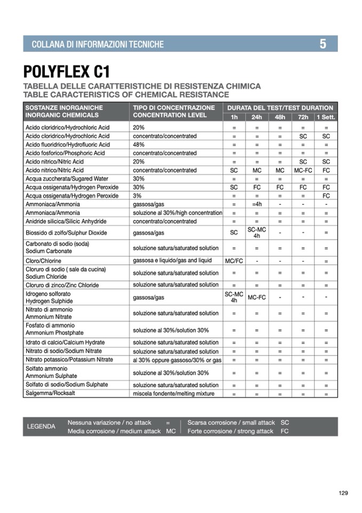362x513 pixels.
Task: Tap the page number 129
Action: click(x=343, y=493)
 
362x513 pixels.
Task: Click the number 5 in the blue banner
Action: click(x=323, y=44)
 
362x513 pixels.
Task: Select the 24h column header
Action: click(x=256, y=117)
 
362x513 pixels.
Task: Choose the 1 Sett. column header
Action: click(x=326, y=117)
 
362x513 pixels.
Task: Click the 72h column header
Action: click(x=303, y=117)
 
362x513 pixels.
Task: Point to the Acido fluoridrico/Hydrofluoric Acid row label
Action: click(x=68, y=144)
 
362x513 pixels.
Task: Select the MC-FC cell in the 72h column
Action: click(x=303, y=170)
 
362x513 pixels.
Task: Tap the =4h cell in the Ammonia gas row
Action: click(x=256, y=204)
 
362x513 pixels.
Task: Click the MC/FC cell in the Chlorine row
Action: click(x=234, y=261)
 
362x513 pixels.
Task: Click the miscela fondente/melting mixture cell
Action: click(x=174, y=394)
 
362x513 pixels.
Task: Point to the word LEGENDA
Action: click(x=41, y=426)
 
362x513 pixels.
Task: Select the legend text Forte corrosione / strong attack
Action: click(x=230, y=431)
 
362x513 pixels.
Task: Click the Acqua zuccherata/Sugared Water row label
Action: click(x=67, y=179)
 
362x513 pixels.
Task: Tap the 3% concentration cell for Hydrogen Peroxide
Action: click(x=138, y=196)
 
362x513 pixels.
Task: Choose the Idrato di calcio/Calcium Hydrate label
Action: click(x=65, y=342)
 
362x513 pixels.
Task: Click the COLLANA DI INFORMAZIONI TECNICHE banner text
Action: click(x=98, y=44)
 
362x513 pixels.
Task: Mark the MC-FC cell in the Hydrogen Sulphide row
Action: click(x=256, y=297)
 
